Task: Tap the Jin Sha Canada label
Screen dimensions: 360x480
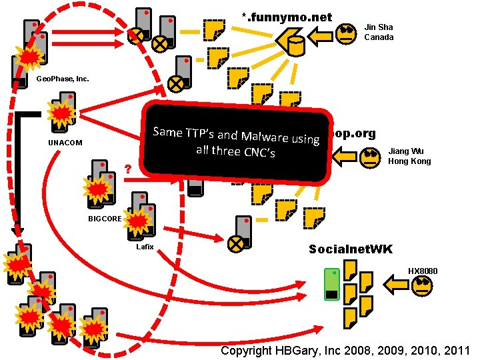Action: (379, 32)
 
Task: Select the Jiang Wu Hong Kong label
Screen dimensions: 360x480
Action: (409, 156)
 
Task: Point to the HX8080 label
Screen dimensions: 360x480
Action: (423, 271)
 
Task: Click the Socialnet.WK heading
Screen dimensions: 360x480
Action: (351, 249)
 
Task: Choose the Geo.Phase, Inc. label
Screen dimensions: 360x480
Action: (63, 79)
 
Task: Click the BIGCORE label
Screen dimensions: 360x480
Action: (105, 219)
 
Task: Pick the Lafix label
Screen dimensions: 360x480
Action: (145, 247)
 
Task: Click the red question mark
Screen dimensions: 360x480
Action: (127, 169)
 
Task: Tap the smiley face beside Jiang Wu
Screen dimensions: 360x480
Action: (369, 158)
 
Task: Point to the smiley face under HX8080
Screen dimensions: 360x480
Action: (423, 286)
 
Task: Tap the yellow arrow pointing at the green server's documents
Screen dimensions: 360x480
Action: (399, 287)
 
